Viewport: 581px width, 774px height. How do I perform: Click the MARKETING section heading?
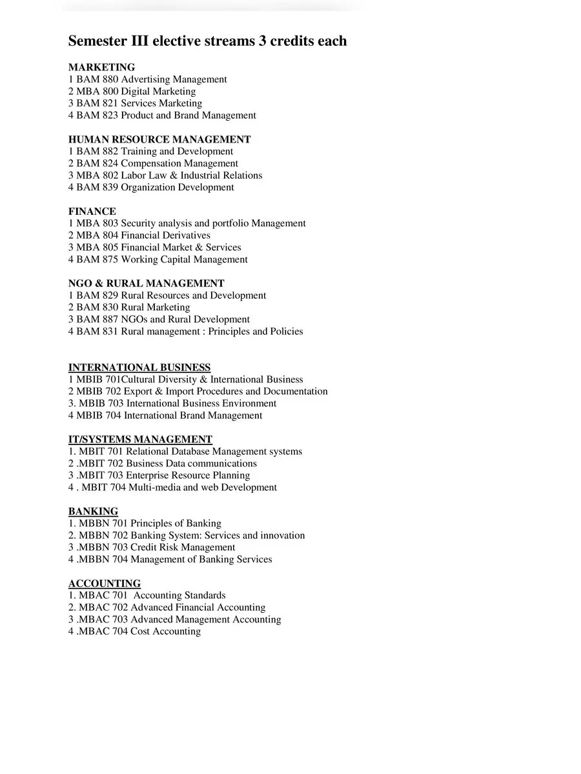[x=101, y=67]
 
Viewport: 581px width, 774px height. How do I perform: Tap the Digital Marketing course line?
[x=132, y=92]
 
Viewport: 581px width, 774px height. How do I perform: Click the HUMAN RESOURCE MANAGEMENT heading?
[x=159, y=139]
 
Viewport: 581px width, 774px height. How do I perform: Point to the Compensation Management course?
[x=153, y=163]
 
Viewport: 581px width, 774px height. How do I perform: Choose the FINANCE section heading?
[x=92, y=211]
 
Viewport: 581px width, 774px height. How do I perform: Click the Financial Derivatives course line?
[x=139, y=235]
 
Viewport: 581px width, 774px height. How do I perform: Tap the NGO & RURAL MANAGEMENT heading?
[x=147, y=283]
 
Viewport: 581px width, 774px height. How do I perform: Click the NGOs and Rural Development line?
[x=159, y=319]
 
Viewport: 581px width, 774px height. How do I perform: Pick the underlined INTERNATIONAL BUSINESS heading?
[x=139, y=368]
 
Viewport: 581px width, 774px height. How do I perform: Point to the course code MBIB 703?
[x=101, y=403]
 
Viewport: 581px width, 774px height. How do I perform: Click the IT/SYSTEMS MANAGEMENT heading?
[x=140, y=439]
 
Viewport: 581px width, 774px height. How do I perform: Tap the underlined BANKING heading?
[x=93, y=511]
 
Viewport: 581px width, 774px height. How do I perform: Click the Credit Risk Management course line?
[x=152, y=547]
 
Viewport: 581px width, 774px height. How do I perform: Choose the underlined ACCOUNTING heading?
[x=105, y=583]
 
